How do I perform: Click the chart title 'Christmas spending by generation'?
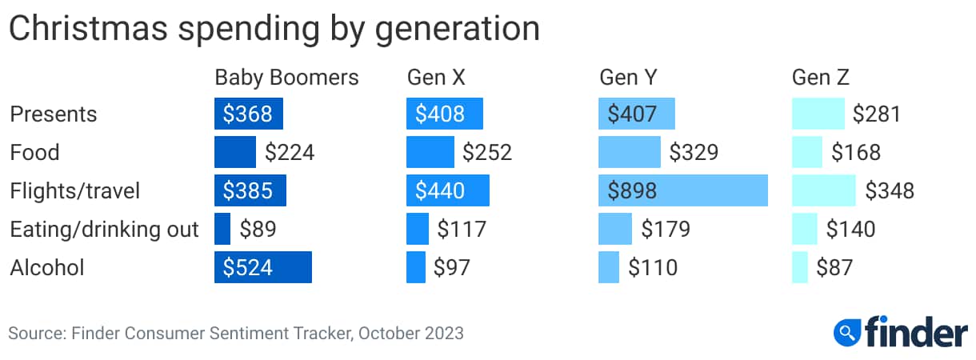pos(274,29)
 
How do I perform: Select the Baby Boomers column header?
pos(286,78)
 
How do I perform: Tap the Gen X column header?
pos(436,78)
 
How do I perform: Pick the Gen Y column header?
pos(628,78)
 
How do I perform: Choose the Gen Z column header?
pos(820,78)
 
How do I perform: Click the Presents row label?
pos(53,114)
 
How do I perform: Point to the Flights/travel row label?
pos(74,191)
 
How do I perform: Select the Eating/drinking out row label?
pos(104,230)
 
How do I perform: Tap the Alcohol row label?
pos(46,267)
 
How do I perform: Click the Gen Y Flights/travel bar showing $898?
pos(682,190)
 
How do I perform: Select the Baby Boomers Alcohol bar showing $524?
pos(262,267)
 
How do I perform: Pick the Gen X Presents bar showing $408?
pos(444,114)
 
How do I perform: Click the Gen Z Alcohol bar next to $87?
pos(799,267)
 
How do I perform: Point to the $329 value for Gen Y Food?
pos(694,152)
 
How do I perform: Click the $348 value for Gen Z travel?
pos(890,191)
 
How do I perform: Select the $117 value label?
pos(462,230)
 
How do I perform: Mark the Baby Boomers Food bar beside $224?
pos(234,152)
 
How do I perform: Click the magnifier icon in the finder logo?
pos(846,330)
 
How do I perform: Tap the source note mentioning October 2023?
pos(236,332)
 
